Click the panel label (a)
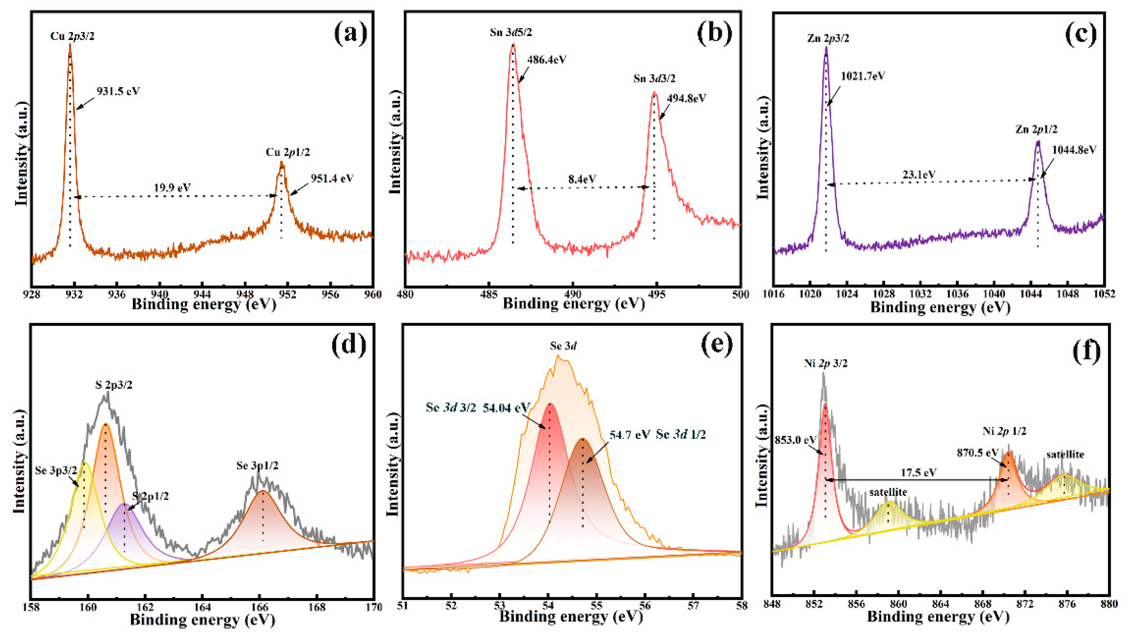click(350, 34)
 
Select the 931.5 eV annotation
click(119, 91)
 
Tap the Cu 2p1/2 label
click(288, 152)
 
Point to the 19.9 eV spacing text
click(172, 188)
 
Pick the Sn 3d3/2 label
click(654, 79)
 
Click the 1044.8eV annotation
click(1074, 150)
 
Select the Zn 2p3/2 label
click(828, 38)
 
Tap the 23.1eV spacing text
click(918, 174)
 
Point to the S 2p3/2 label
click(114, 385)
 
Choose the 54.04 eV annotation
click(506, 408)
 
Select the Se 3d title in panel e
click(563, 346)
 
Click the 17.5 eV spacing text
click(918, 473)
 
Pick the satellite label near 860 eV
click(888, 492)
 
